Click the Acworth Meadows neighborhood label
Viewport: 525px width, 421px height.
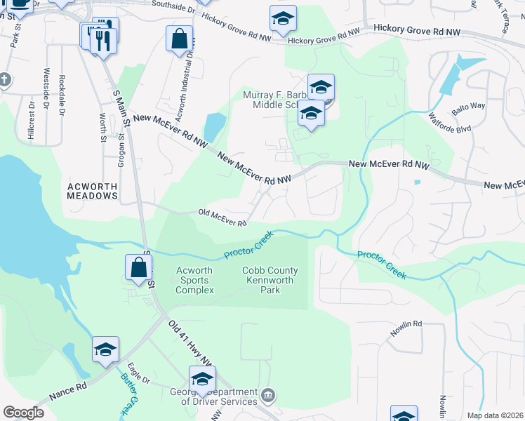pyautogui.click(x=92, y=191)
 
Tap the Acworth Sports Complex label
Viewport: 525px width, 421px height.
pyautogui.click(x=194, y=280)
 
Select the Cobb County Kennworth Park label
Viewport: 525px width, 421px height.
pyautogui.click(x=270, y=280)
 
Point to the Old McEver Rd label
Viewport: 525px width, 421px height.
pyautogui.click(x=222, y=218)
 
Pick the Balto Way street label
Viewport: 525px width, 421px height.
pyautogui.click(x=468, y=107)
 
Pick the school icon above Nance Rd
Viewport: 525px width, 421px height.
pyautogui.click(x=105, y=349)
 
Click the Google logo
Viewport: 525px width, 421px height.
pyautogui.click(x=23, y=413)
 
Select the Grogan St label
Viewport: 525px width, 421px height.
pyautogui.click(x=121, y=149)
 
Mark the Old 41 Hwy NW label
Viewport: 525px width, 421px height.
pyautogui.click(x=190, y=345)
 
